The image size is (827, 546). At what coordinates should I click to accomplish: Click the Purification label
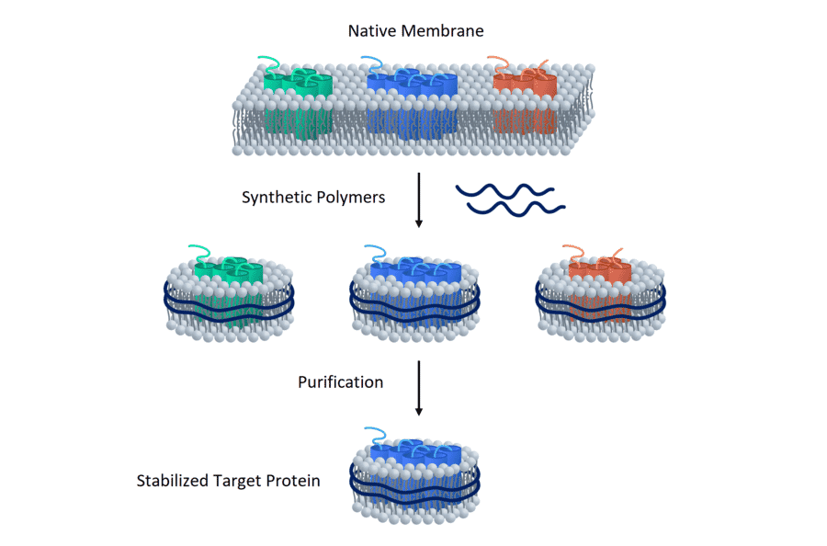[x=340, y=381]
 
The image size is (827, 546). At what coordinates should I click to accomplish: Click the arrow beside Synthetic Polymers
[x=419, y=199]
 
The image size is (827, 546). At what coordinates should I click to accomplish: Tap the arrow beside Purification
[x=419, y=386]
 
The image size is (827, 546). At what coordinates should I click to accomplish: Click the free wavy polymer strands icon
[x=510, y=199]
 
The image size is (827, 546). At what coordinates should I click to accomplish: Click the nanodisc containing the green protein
[x=224, y=294]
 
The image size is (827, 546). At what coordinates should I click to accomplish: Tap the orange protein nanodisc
[x=600, y=294]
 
